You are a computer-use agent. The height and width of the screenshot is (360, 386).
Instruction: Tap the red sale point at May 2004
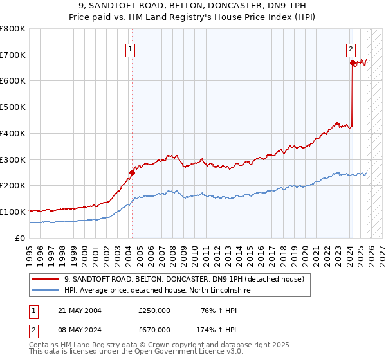coord(132,172)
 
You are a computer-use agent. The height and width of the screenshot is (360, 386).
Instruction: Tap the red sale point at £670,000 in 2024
coord(353,62)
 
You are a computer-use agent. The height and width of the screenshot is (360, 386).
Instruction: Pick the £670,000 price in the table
coord(154,329)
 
